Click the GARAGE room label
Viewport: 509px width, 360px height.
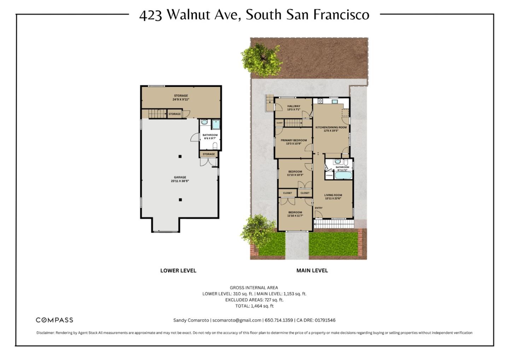180,177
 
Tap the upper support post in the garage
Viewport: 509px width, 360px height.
180,156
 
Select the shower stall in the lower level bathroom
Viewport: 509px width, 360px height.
216,124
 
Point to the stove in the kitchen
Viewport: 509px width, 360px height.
320,101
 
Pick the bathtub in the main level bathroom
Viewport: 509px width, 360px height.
343,176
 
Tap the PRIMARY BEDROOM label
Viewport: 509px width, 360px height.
294,140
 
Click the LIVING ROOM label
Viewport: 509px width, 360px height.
333,195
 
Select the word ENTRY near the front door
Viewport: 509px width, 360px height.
318,208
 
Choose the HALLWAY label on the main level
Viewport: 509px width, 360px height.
293,106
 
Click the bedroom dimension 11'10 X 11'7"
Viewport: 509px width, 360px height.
295,216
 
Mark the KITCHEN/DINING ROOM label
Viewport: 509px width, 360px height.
331,127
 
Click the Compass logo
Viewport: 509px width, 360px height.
54,320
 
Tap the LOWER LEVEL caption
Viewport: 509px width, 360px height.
178,271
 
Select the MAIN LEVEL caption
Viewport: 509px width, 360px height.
312,271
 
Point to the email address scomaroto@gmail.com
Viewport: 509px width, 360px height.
237,320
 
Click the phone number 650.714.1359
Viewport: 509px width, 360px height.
279,320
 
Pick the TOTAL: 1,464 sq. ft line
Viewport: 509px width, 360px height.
254,306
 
